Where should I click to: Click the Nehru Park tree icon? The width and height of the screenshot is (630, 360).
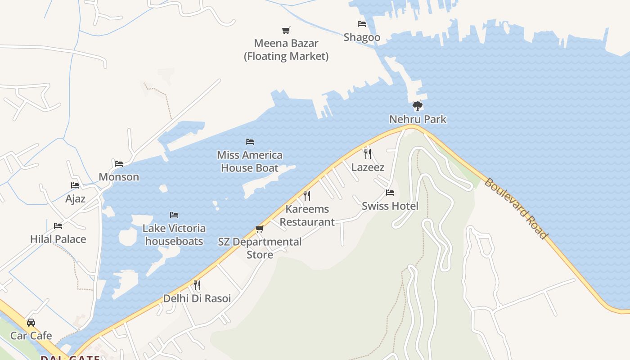click(418, 106)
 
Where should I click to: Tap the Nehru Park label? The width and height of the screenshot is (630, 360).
click(418, 119)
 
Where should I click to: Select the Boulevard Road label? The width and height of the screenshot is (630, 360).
click(516, 208)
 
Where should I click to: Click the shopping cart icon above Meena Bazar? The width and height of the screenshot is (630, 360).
click(286, 30)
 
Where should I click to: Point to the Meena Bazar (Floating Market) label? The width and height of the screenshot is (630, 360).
click(286, 50)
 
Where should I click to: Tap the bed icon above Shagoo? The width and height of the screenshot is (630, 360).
click(362, 24)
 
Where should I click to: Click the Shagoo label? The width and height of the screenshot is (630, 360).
click(362, 37)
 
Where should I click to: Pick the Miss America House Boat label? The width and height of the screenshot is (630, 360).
click(250, 162)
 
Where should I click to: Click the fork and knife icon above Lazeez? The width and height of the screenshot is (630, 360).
click(368, 154)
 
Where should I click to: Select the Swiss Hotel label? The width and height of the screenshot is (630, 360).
click(390, 206)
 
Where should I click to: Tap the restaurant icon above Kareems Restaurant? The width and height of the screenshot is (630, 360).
click(307, 195)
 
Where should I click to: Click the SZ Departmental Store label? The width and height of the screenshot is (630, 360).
click(260, 248)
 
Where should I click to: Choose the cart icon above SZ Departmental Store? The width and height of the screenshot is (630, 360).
click(259, 229)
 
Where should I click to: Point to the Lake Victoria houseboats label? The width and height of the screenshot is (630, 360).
click(174, 234)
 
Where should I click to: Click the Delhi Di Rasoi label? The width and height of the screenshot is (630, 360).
click(197, 298)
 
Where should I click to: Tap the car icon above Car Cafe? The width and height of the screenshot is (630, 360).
click(31, 322)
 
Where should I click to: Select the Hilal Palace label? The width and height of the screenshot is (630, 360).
click(58, 239)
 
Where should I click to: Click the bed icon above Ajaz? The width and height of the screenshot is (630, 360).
click(75, 185)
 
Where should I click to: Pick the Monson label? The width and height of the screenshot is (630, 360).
click(119, 177)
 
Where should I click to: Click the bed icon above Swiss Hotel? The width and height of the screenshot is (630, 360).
click(390, 193)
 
